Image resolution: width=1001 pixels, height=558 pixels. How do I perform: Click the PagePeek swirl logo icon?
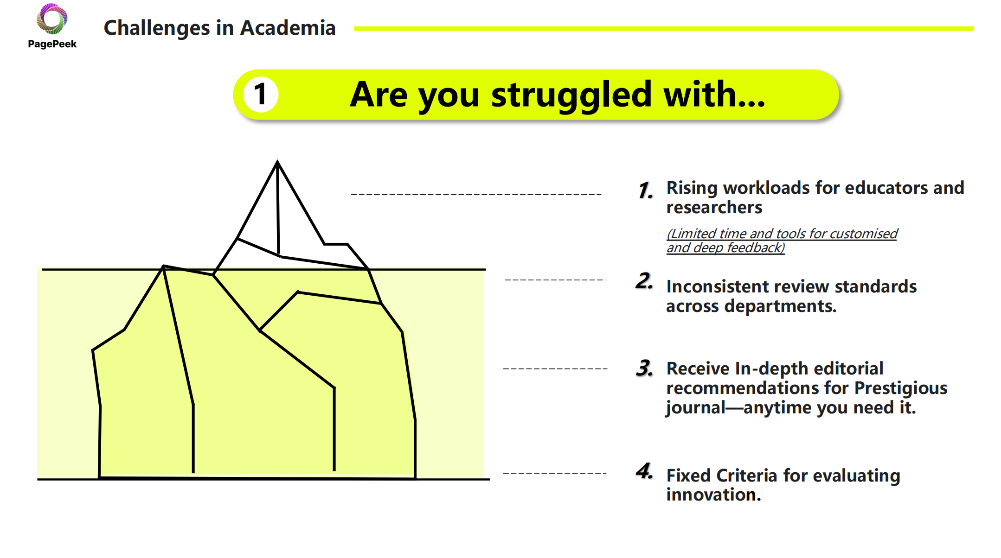click(x=52, y=19)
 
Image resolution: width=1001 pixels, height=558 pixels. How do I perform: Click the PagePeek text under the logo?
click(x=52, y=44)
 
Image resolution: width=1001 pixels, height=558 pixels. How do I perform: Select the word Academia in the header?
click(x=288, y=28)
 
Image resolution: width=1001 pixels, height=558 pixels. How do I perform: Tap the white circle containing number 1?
click(x=261, y=95)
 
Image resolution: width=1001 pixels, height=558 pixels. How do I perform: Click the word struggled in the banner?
click(x=571, y=95)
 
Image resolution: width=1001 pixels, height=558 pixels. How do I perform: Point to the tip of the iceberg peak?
click(x=277, y=161)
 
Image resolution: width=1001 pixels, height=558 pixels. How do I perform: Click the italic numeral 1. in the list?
click(x=645, y=190)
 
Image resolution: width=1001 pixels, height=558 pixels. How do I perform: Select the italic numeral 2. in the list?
click(x=644, y=281)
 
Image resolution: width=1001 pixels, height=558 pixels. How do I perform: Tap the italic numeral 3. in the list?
click(x=645, y=368)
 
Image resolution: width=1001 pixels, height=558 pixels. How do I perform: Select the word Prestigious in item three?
click(x=901, y=388)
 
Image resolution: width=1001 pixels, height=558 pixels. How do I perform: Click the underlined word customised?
click(x=863, y=234)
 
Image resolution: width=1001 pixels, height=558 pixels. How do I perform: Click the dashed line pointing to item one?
click(x=476, y=194)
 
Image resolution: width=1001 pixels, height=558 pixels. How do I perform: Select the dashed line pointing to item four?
click(x=555, y=473)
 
